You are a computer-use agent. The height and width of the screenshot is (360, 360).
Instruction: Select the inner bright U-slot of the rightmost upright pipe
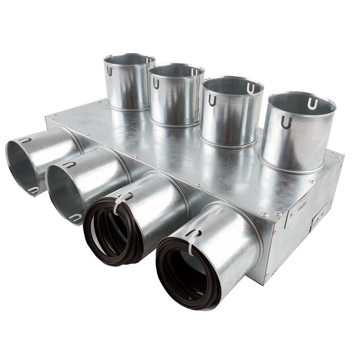(313, 103)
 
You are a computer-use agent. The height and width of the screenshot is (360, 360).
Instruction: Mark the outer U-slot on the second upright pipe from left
(156, 84)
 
